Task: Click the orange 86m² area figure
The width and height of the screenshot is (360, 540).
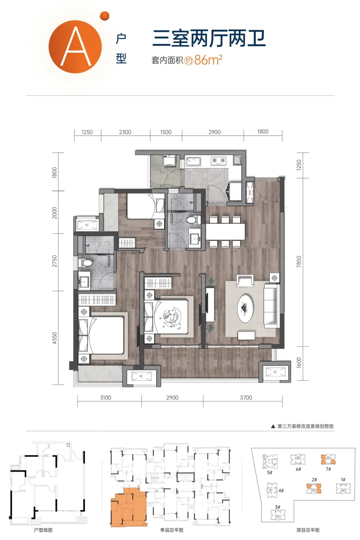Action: coord(208,60)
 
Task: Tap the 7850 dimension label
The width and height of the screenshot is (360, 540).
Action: coord(299,262)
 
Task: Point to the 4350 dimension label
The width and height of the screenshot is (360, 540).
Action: coord(54,338)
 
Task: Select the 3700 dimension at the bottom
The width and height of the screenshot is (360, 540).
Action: coord(246,398)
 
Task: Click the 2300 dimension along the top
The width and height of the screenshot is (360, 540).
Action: coord(125,132)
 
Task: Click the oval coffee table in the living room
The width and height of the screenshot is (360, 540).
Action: coord(245,308)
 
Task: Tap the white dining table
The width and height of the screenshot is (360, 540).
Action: coord(225,232)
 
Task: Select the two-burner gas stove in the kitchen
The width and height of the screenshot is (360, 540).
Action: coord(218,160)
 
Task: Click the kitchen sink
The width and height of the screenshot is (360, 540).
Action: coord(193,161)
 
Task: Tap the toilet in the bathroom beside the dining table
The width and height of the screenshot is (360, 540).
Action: coord(193,219)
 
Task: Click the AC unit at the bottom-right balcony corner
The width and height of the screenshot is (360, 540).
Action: coord(275,372)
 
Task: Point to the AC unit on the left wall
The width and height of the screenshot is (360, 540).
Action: coord(87,224)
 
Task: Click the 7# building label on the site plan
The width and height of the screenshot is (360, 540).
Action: coord(328,469)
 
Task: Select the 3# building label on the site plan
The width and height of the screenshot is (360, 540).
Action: coord(277,507)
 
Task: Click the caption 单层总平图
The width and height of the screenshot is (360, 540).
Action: coord(172,530)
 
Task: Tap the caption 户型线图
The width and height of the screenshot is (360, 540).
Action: coord(43,530)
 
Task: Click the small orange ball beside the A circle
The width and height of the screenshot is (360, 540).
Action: coord(105,16)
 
